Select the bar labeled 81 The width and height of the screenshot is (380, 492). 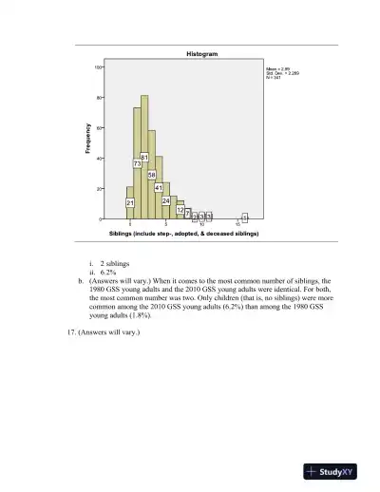pyautogui.click(x=144, y=157)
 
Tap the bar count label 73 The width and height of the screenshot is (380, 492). pyautogui.click(x=137, y=163)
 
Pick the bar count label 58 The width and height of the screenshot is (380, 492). pyautogui.click(x=151, y=176)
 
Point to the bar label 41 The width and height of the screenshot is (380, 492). pyautogui.click(x=159, y=188)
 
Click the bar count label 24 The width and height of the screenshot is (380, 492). pyautogui.click(x=166, y=201)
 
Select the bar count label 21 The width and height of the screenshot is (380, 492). pyautogui.click(x=130, y=203)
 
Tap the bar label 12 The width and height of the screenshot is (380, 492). pyautogui.click(x=180, y=210)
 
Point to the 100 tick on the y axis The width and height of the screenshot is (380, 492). pyautogui.click(x=97, y=66)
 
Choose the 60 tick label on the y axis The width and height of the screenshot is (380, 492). pyautogui.click(x=98, y=127)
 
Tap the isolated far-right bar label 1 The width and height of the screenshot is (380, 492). pyautogui.click(x=245, y=217)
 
